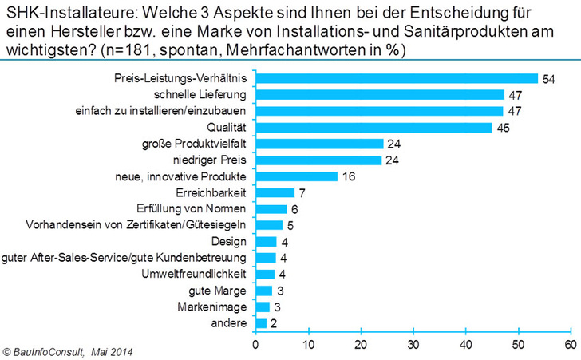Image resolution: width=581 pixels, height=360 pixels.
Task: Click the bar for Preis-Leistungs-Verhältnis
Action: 397,78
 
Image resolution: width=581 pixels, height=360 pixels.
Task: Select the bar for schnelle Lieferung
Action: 379,94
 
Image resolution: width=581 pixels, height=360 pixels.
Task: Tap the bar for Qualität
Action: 373,127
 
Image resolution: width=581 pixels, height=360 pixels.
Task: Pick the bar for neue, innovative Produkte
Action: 297,176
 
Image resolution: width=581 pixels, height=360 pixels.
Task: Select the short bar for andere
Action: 261,323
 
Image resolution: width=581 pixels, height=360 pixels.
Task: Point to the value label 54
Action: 548,79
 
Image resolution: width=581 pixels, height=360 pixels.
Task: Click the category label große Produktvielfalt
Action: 194,144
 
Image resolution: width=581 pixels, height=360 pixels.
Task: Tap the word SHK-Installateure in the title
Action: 53,12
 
